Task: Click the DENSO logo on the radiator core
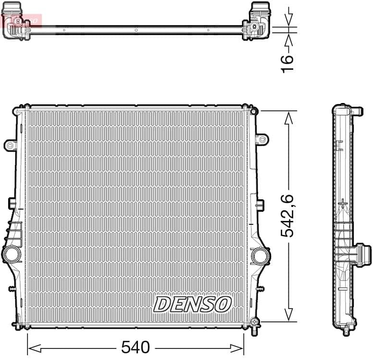pyautogui.click(x=192, y=304)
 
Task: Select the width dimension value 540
pyautogui.click(x=136, y=347)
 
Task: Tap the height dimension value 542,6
pyautogui.click(x=287, y=216)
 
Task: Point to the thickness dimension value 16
pyautogui.click(x=287, y=63)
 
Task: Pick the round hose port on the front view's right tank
pyautogui.click(x=260, y=255)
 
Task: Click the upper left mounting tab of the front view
pyautogui.click(x=10, y=144)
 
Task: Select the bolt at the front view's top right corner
pyautogui.click(x=254, y=111)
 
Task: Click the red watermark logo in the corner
pyautogui.click(x=21, y=20)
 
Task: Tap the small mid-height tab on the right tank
pyautogui.click(x=260, y=205)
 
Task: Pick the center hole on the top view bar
pyautogui.click(x=136, y=30)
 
